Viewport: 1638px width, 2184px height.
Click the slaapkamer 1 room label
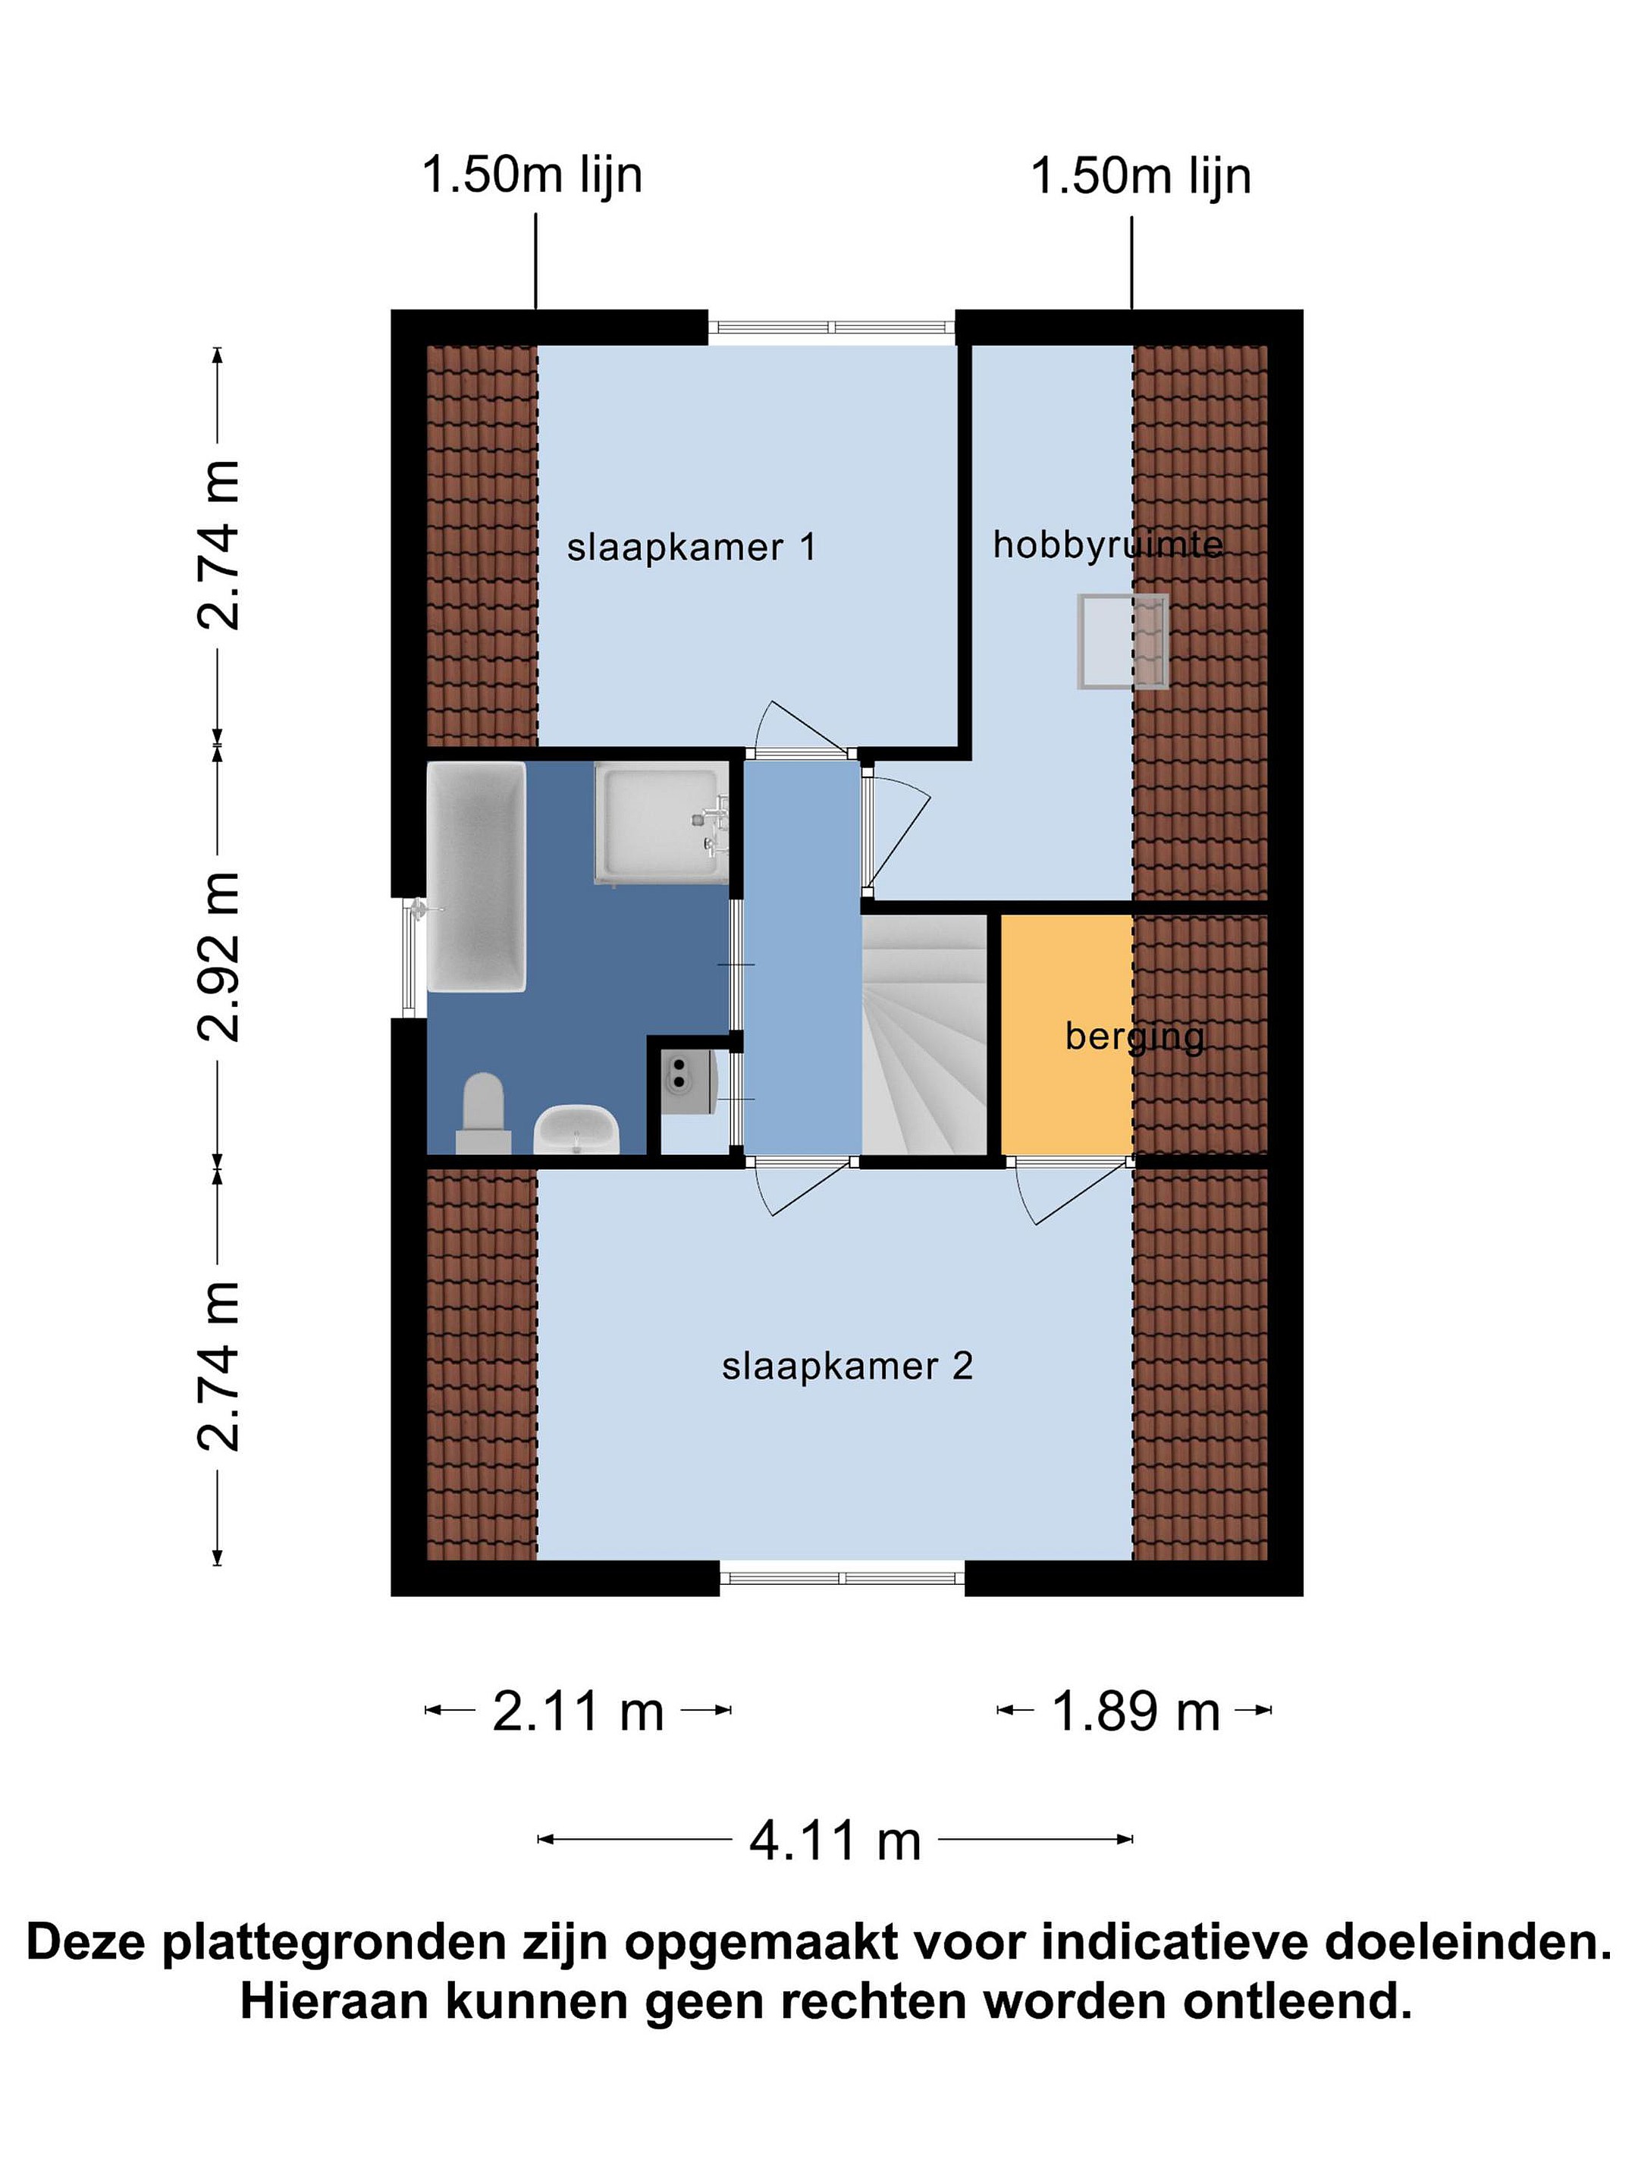tap(691, 547)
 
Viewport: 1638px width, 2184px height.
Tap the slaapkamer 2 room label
tap(847, 1367)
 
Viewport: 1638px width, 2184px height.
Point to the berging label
tap(1134, 1037)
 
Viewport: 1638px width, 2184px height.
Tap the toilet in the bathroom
tap(483, 1114)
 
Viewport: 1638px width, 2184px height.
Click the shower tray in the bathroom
tap(661, 824)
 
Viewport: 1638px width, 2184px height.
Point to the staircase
tap(925, 1034)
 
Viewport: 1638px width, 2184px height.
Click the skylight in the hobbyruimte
tap(1122, 641)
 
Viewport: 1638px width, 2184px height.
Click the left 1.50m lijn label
tap(532, 176)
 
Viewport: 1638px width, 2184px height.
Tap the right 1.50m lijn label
tap(1141, 177)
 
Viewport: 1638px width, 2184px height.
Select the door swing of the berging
tap(1075, 1193)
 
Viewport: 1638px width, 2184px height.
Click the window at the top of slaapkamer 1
tap(831, 327)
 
